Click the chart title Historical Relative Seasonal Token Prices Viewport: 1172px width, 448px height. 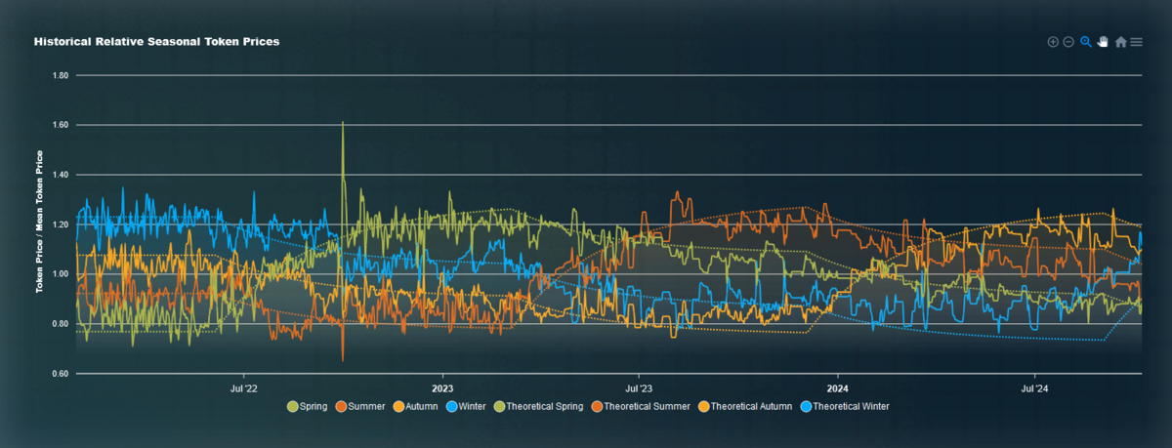[x=156, y=43]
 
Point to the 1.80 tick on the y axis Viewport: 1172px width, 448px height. [x=60, y=75]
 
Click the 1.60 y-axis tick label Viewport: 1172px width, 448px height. [x=60, y=125]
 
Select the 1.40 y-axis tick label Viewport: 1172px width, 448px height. [x=60, y=175]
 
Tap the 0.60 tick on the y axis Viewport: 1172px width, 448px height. [x=60, y=374]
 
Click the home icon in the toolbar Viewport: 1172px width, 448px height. [x=1120, y=42]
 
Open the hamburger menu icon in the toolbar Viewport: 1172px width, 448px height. [x=1137, y=42]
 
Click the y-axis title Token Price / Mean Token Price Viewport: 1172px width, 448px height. [x=40, y=223]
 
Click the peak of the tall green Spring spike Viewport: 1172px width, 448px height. [x=343, y=123]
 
